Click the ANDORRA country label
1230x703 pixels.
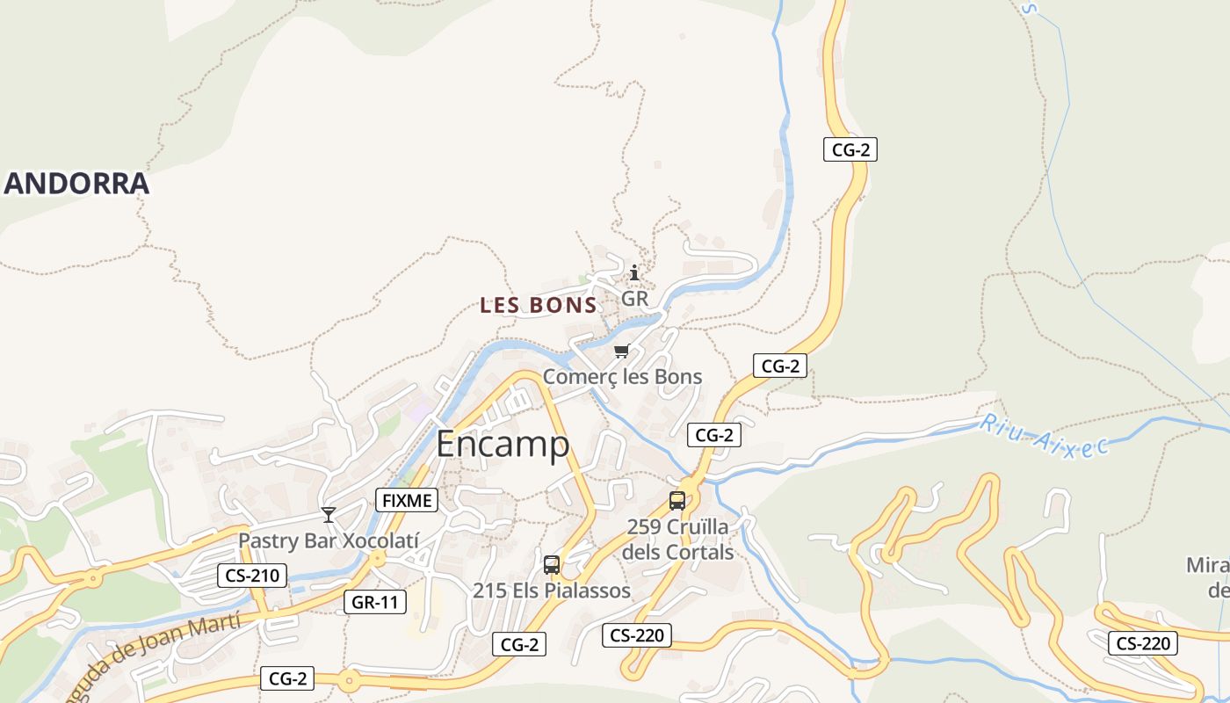click(x=77, y=185)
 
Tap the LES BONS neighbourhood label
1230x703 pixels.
click(x=539, y=306)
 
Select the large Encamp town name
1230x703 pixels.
click(x=503, y=445)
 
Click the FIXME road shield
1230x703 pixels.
click(x=406, y=501)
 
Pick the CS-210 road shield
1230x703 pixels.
click(x=252, y=576)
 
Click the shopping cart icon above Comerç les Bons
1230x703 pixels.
click(x=621, y=351)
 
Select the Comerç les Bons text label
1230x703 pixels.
click(x=622, y=377)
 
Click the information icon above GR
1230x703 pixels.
click(x=634, y=272)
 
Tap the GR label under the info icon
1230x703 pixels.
click(x=634, y=299)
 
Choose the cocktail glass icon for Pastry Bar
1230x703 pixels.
click(x=329, y=514)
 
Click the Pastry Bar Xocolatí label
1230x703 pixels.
click(x=329, y=540)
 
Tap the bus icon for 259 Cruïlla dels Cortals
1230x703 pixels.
click(x=677, y=501)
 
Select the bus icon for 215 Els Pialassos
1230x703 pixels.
click(x=552, y=565)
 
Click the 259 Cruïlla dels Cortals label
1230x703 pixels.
click(x=677, y=540)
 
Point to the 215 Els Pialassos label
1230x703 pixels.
click(x=552, y=591)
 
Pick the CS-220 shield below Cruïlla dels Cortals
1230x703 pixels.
click(x=637, y=635)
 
